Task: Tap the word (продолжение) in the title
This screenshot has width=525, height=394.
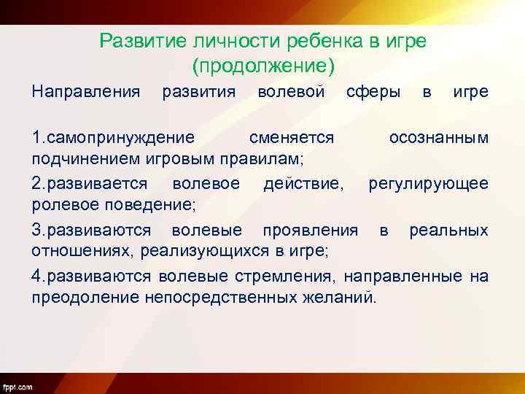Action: point(262,66)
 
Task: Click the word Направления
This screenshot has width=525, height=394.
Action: point(85,92)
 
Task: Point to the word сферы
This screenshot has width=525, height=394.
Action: point(373,92)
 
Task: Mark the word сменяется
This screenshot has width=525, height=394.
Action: point(291,138)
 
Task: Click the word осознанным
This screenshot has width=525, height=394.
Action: point(438,138)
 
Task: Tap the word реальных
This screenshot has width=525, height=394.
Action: point(448,231)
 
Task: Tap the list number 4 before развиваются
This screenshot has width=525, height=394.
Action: point(36,277)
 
